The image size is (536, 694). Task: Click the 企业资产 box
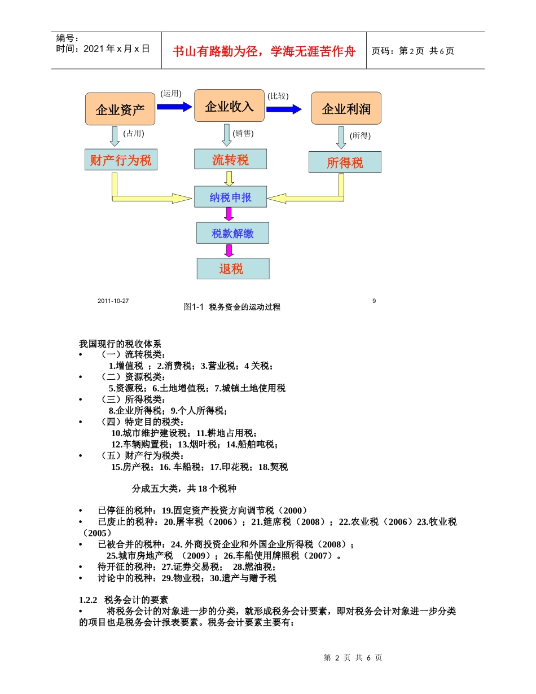120,109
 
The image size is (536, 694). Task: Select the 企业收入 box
229,106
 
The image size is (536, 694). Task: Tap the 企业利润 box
346,108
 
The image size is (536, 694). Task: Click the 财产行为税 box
121,160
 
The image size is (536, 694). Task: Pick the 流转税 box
230,160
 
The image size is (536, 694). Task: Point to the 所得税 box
345,163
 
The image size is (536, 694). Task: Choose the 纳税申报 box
230,197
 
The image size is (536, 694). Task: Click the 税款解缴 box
232,233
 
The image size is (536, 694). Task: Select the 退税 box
232,269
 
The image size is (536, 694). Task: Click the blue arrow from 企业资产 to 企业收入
174,107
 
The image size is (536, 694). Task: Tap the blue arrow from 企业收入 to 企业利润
284,109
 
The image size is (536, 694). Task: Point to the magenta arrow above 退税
229,251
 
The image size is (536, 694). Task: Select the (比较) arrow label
278,96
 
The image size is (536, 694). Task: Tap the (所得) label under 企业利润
360,135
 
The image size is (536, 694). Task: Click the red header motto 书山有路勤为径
264,51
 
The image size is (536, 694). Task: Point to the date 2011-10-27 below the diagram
113,301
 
